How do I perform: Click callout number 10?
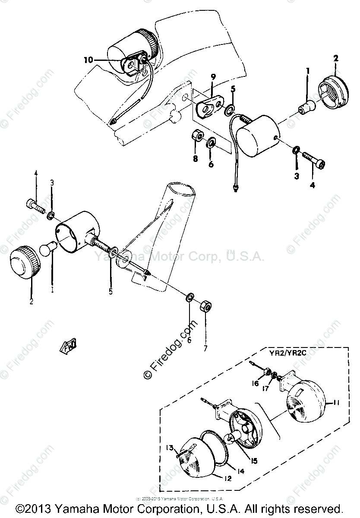point(88,60)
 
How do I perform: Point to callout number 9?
point(213,77)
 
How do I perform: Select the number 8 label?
point(196,159)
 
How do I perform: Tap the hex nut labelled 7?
point(205,308)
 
